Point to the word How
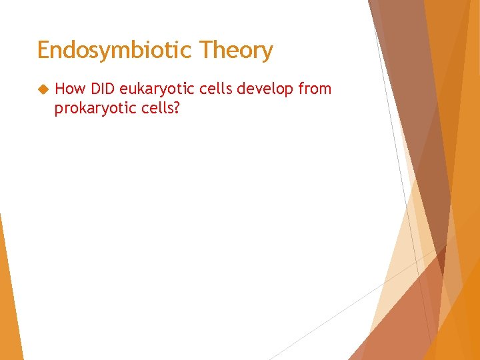[x=70, y=89]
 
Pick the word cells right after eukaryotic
[x=212, y=89]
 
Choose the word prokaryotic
[x=91, y=108]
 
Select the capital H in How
[x=60, y=89]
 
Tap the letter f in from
[x=301, y=89]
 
